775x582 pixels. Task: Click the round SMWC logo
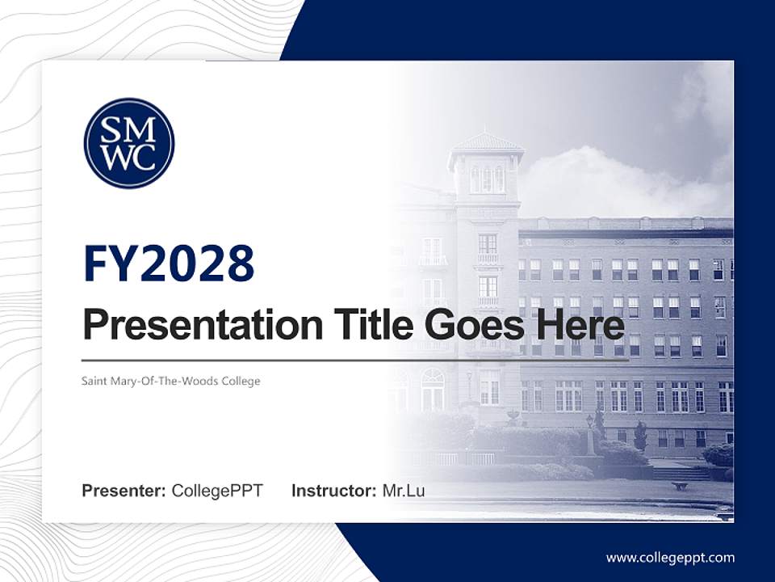point(129,143)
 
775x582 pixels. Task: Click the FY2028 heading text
point(169,263)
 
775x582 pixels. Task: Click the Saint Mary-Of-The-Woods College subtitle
point(171,381)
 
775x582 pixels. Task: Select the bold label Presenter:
point(124,491)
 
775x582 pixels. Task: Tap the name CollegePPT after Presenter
point(217,491)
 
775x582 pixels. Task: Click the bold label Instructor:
point(334,491)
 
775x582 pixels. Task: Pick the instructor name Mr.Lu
point(404,491)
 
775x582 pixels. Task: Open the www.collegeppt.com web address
point(670,558)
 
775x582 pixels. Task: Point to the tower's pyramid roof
point(487,142)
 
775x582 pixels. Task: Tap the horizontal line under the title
point(355,360)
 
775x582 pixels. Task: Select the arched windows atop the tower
point(487,178)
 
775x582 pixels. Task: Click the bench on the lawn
point(680,486)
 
